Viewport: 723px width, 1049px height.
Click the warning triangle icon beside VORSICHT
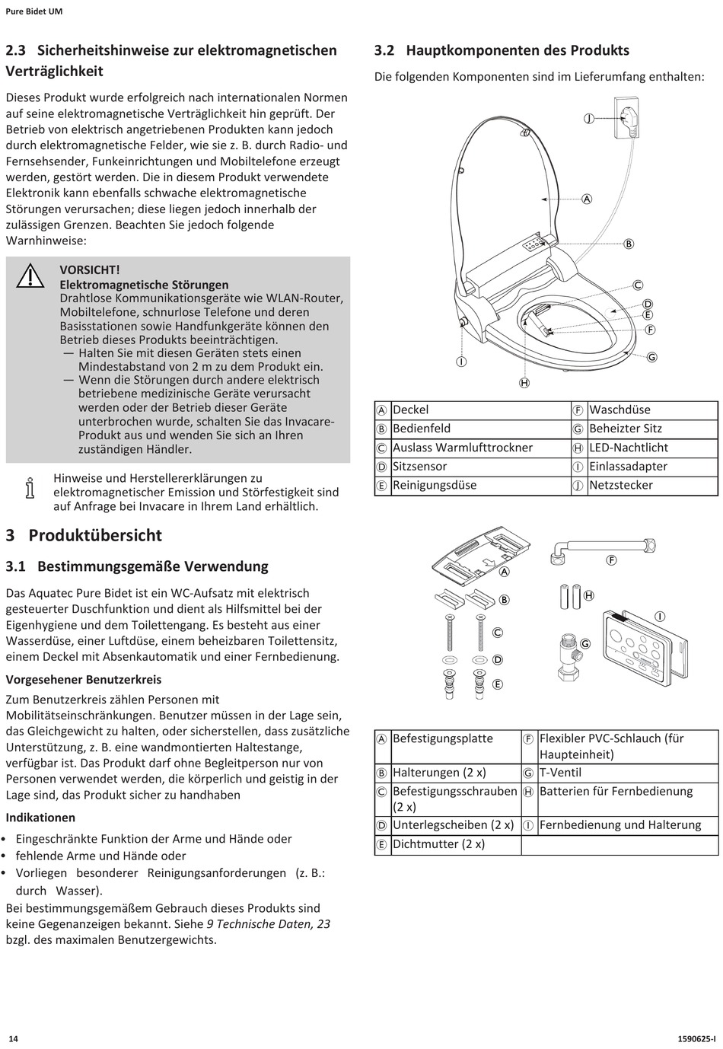[x=30, y=275]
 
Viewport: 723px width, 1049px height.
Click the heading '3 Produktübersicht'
[x=84, y=535]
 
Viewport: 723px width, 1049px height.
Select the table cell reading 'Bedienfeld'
[x=421, y=429]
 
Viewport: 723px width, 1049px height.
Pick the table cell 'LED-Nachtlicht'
[x=629, y=448]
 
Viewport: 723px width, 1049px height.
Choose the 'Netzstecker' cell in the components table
[x=620, y=485]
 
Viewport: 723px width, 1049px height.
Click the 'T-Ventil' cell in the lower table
[x=560, y=773]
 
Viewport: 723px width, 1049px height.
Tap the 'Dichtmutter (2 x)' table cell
[x=438, y=844]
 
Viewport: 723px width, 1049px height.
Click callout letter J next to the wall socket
[x=588, y=118]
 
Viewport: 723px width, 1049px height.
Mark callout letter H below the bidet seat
[x=524, y=383]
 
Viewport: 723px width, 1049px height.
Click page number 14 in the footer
[x=13, y=1038]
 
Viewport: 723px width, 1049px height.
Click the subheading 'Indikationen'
[x=40, y=818]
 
